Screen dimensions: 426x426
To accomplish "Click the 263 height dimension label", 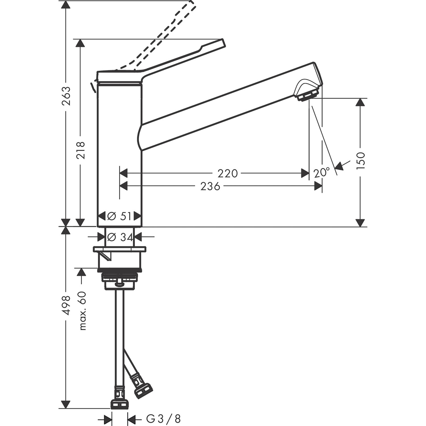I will coord(66,96).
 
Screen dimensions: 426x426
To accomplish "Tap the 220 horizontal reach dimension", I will coord(227,173).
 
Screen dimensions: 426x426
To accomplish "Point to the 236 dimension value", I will coord(210,186).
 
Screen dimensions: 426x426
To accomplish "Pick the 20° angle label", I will coord(321,172).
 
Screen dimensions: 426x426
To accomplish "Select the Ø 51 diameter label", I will coord(119,216).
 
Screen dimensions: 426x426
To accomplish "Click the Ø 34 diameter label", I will coord(120,237).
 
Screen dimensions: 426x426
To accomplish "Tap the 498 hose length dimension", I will coord(66,305).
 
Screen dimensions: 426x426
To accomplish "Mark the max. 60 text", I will coord(82,311).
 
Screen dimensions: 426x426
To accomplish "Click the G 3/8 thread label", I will coord(163,419).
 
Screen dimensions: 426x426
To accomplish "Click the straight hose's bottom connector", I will coord(119,404).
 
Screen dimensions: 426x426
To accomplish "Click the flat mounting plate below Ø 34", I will coord(120,249).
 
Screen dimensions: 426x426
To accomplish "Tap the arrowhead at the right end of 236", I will coord(318,186).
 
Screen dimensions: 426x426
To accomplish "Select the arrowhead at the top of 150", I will coord(360,102).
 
